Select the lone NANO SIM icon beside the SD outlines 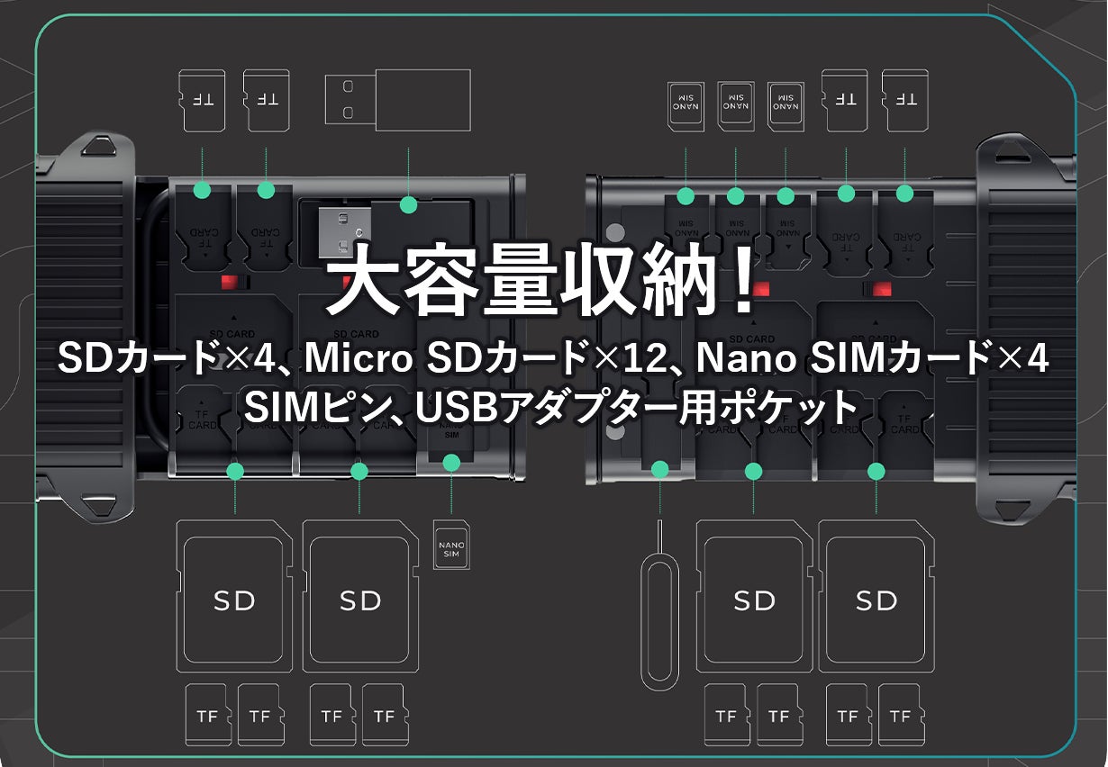point(451,545)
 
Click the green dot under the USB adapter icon point(409,204)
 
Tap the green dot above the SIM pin point(660,469)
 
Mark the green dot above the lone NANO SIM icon point(452,463)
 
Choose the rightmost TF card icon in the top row point(905,99)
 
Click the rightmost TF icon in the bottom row point(899,715)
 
